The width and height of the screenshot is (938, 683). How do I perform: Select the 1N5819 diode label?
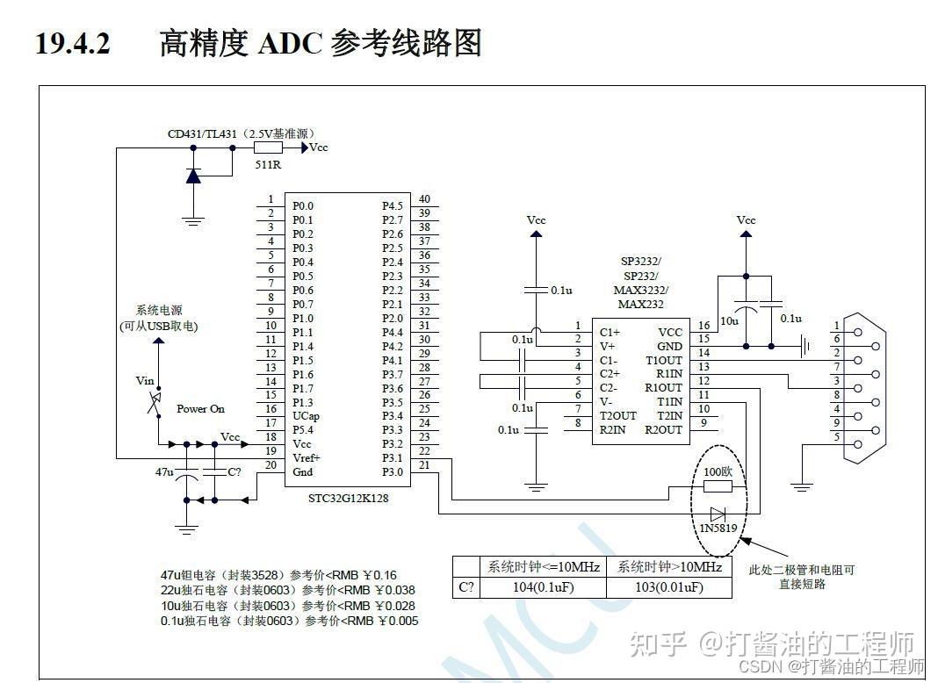(x=718, y=528)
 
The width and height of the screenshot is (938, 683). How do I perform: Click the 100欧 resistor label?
(x=718, y=471)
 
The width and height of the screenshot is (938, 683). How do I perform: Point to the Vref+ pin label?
(x=307, y=458)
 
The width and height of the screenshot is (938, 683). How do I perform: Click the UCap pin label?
(x=305, y=416)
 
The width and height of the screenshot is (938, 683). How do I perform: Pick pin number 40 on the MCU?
(x=424, y=199)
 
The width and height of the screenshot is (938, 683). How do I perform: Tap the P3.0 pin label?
(x=393, y=472)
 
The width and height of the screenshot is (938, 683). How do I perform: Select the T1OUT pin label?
(x=663, y=360)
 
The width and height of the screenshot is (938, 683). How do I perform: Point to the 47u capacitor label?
(x=164, y=471)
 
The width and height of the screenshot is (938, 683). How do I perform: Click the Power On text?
(x=200, y=409)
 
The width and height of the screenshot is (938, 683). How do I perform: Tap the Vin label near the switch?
(x=145, y=381)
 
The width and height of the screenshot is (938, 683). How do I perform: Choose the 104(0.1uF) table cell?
(x=543, y=587)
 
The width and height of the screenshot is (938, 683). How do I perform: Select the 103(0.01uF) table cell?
(x=669, y=587)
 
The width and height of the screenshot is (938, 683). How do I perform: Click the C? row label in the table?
(x=465, y=587)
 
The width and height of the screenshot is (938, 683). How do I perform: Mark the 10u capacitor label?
(x=729, y=321)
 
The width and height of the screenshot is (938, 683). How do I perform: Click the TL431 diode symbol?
(x=193, y=175)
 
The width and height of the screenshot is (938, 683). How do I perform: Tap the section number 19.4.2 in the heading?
(x=72, y=42)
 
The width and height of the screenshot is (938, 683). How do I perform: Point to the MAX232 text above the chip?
(x=640, y=304)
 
